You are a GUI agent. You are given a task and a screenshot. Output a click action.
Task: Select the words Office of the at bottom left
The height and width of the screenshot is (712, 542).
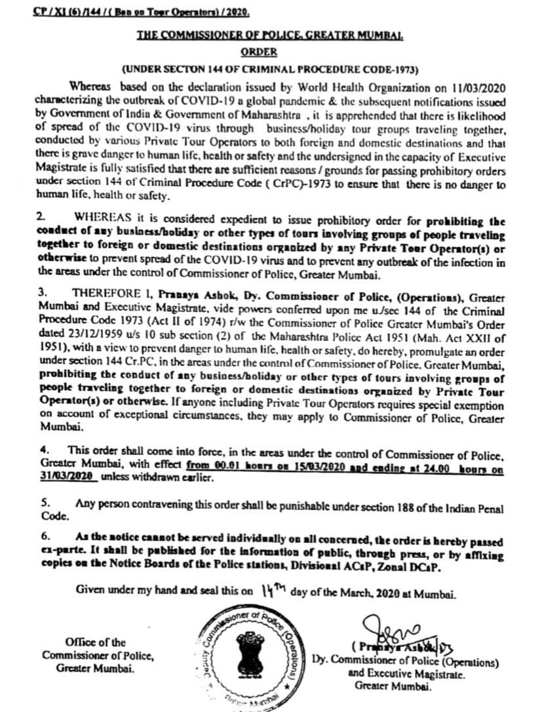[x=94, y=642]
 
